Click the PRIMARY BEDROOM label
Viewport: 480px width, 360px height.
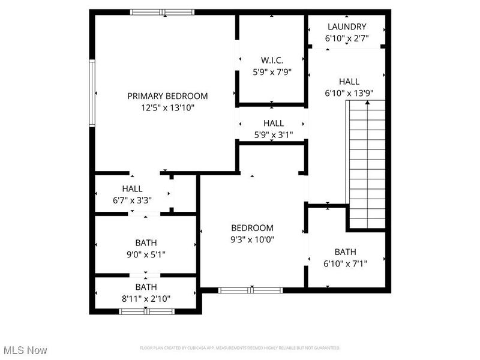(167, 96)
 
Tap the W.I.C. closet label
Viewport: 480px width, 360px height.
(272, 60)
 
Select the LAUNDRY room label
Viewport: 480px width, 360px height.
(347, 27)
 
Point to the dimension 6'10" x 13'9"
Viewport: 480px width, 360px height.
(349, 93)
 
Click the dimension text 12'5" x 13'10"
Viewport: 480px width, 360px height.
(168, 108)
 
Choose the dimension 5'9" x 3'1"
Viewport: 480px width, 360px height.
(274, 134)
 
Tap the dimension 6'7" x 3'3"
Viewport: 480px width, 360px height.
(132, 200)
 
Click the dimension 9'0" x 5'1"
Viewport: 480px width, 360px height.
(146, 254)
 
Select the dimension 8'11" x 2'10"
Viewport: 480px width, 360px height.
(146, 298)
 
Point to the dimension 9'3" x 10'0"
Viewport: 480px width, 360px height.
(252, 239)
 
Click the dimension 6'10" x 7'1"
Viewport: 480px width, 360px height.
(346, 263)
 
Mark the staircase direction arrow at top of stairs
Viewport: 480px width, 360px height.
(367, 102)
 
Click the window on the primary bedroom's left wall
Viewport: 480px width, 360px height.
(92, 93)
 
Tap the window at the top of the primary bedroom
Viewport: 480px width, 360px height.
(162, 12)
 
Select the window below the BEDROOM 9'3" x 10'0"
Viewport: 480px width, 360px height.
(251, 290)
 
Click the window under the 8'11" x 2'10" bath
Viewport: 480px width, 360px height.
(146, 311)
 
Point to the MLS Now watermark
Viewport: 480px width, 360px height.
(25, 350)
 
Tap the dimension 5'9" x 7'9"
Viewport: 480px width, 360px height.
(272, 72)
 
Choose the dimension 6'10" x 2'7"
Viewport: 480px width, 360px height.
(347, 38)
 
